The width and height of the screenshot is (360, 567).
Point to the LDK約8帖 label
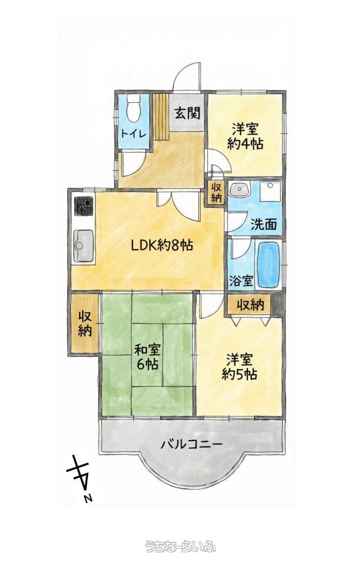point(162,246)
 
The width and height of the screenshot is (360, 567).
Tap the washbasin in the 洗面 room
point(239,189)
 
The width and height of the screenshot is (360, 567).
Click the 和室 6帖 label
point(147,356)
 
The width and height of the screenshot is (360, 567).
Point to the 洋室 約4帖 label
point(246,136)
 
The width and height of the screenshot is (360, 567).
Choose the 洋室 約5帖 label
point(239,367)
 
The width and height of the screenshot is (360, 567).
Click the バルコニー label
point(192,444)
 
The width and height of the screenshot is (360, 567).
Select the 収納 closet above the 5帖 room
point(250,305)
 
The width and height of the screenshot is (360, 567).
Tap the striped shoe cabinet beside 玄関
point(161,117)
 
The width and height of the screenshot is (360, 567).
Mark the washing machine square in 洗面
point(271,191)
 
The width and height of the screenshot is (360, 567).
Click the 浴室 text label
point(241,281)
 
